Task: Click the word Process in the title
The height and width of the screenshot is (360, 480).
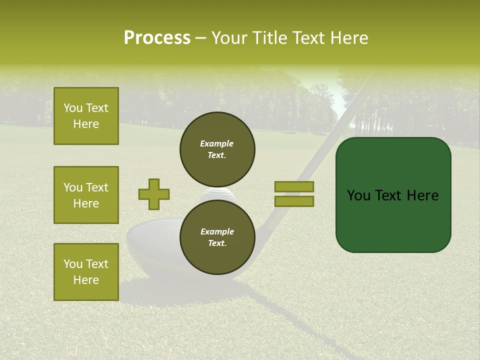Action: [x=157, y=38]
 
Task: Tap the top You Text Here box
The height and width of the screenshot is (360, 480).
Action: [x=86, y=116]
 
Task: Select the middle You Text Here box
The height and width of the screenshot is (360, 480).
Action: [x=86, y=195]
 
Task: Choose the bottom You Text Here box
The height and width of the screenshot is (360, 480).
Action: [x=86, y=271]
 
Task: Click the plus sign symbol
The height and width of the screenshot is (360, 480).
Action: [x=154, y=194]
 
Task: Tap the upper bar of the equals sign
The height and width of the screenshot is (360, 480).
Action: [x=294, y=186]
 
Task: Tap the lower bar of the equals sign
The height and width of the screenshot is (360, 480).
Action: [x=294, y=201]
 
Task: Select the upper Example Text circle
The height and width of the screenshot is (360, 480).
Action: [x=217, y=149]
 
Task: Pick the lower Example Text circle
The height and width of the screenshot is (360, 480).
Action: [x=217, y=237]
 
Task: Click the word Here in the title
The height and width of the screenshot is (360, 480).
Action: [x=348, y=38]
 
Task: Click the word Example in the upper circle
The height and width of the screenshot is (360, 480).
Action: [x=217, y=144]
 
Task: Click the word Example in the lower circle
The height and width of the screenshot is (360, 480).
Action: [x=217, y=232]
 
